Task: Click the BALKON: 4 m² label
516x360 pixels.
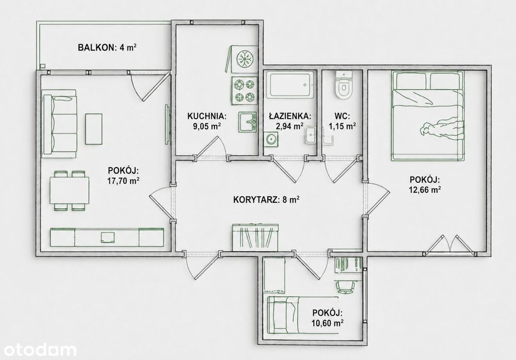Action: pos(107,47)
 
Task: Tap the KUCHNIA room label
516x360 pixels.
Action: pos(207,116)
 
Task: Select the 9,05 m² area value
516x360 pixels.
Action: pos(207,126)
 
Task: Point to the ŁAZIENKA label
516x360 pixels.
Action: pos(289,116)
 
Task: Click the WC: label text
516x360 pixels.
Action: pos(342,116)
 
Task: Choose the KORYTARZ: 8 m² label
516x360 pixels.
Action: pos(266,200)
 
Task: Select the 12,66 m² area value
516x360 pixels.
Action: pos(425,190)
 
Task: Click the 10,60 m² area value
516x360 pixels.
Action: pos(328,323)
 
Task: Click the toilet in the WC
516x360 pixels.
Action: pos(343,85)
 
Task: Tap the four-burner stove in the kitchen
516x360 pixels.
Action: pos(244,90)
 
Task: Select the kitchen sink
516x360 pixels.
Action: pos(248,122)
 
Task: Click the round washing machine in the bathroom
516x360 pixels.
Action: pos(271,139)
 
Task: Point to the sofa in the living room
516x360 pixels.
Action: pos(60,124)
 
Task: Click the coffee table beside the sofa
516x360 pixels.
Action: pos(94,129)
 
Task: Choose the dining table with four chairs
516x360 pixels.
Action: pos(70,190)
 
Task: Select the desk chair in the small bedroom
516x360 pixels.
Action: pos(345,287)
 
